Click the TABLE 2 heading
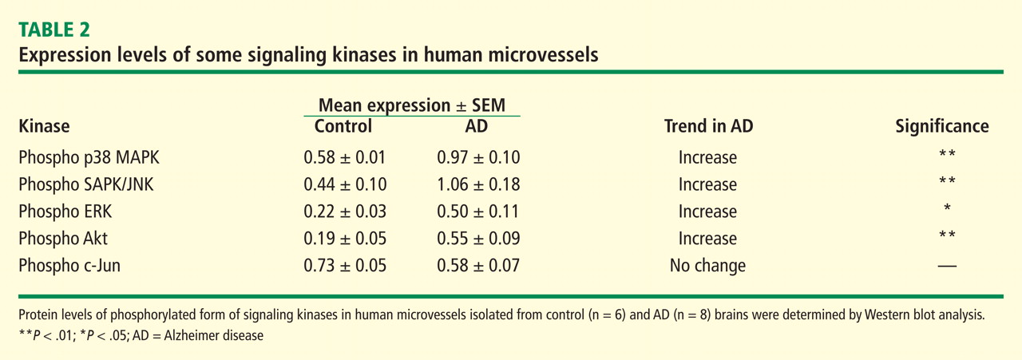point(53,30)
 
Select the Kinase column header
point(44,126)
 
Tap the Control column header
point(343,126)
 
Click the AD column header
point(476,126)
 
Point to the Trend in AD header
point(708,126)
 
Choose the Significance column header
point(941,126)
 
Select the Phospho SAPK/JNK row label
point(86,184)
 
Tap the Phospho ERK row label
point(65,212)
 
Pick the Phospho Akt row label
point(63,239)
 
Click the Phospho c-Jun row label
point(69,266)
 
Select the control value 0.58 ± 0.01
point(345,157)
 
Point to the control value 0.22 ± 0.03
point(345,212)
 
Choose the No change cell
point(707,266)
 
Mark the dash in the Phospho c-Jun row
point(947,266)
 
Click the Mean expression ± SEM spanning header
point(412,105)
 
